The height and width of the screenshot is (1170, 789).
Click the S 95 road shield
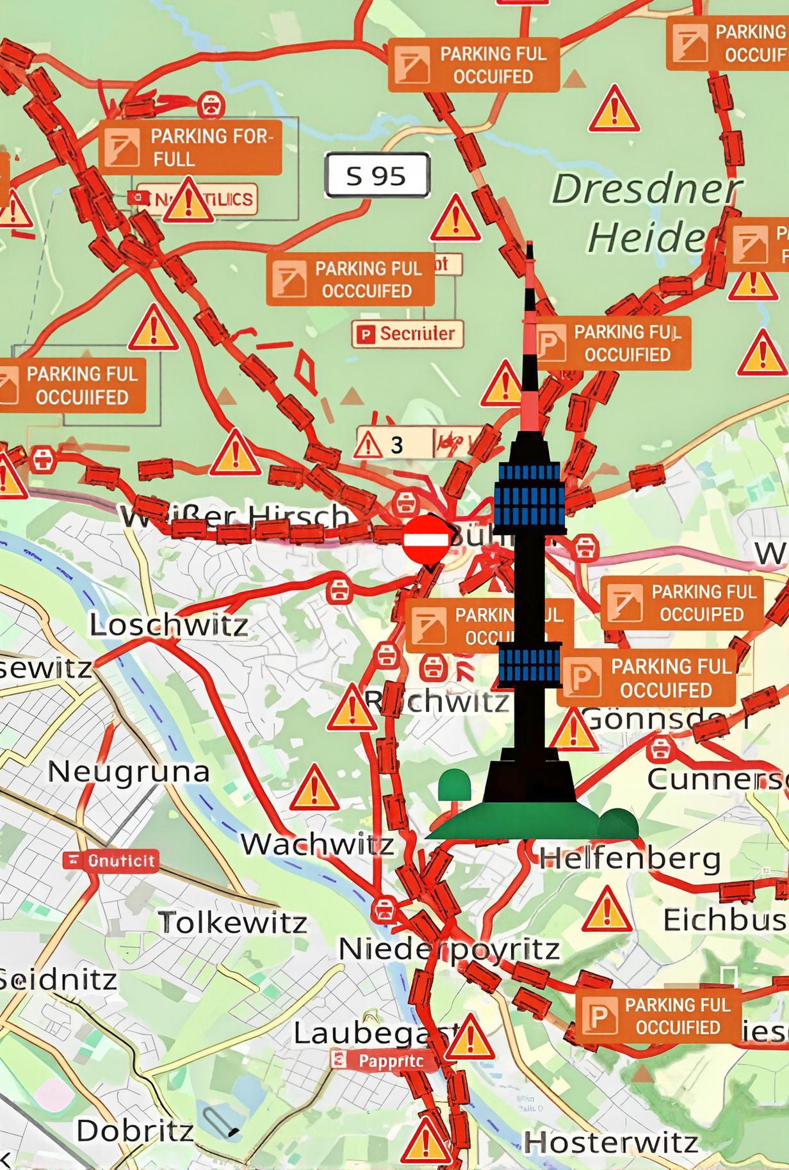pyautogui.click(x=377, y=175)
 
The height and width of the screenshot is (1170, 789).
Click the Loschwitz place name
pyautogui.click(x=168, y=625)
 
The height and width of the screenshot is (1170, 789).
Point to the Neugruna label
pyautogui.click(x=129, y=771)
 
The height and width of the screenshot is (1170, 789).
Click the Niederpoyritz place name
pyautogui.click(x=449, y=949)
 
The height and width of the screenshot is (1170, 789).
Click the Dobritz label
pyautogui.click(x=134, y=1131)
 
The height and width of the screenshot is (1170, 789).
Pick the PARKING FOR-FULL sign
pyautogui.click(x=191, y=147)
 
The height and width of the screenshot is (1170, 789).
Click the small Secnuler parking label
pyautogui.click(x=407, y=333)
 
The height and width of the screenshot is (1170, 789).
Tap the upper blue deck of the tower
pyautogui.click(x=530, y=492)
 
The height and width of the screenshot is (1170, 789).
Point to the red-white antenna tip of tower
pyautogui.click(x=530, y=282)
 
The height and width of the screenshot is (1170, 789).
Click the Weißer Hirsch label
pyautogui.click(x=237, y=516)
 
